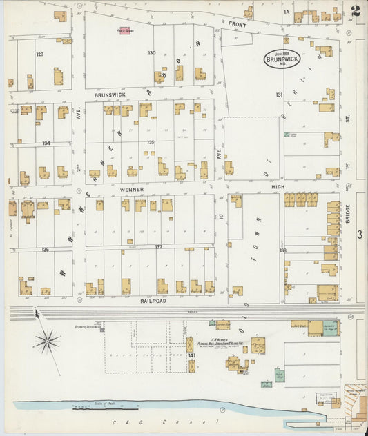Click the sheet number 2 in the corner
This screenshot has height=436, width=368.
tap(356, 11)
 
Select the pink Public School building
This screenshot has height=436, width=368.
tap(125, 30)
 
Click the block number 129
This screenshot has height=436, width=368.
tap(40, 54)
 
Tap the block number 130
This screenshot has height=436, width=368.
tap(151, 52)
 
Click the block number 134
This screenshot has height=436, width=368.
tap(46, 143)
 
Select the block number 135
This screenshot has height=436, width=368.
tap(151, 142)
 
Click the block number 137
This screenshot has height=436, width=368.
tap(158, 246)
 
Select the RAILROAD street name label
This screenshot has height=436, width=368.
tap(155, 301)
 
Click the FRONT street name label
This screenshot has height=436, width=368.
tap(238, 24)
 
